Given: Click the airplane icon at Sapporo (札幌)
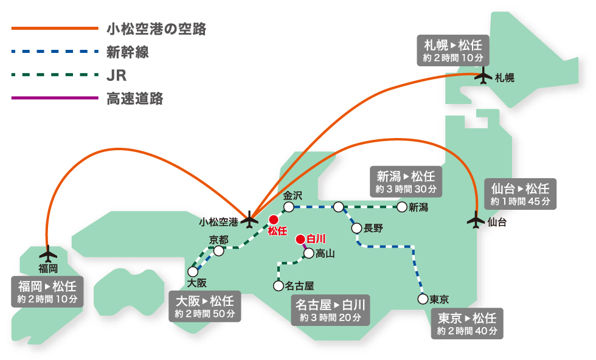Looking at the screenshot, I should tap(484, 77).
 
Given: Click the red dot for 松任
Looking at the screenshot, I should tap(274, 220).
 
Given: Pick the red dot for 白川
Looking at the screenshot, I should tap(300, 239).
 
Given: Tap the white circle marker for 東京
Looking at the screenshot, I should tap(422, 299).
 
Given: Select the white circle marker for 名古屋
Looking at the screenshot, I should tap(279, 285).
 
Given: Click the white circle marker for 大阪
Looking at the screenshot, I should tap(193, 271).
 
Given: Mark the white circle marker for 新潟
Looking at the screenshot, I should tap(401, 207).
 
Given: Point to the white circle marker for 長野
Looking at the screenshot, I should tap(356, 228).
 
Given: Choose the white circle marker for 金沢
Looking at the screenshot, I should tap(289, 207).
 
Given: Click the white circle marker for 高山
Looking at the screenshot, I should tap(309, 253).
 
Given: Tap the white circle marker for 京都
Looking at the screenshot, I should tap(219, 251).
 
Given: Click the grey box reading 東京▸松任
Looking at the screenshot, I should tap(467, 324).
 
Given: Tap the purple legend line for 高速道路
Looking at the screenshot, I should tap(54, 98).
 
